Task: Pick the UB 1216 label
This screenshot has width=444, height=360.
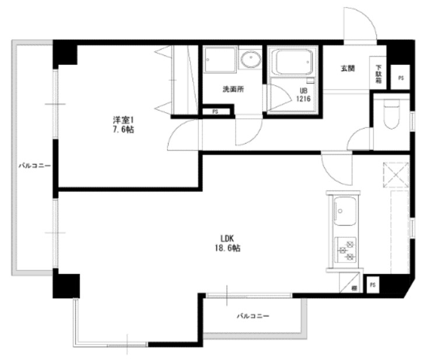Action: (305, 95)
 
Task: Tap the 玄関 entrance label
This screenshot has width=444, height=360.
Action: (348, 68)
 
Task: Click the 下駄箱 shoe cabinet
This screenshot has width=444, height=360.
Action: (379, 74)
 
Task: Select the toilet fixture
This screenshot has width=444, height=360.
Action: (390, 115)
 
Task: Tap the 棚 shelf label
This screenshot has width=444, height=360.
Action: (354, 288)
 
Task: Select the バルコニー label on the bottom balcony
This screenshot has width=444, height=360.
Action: (253, 316)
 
